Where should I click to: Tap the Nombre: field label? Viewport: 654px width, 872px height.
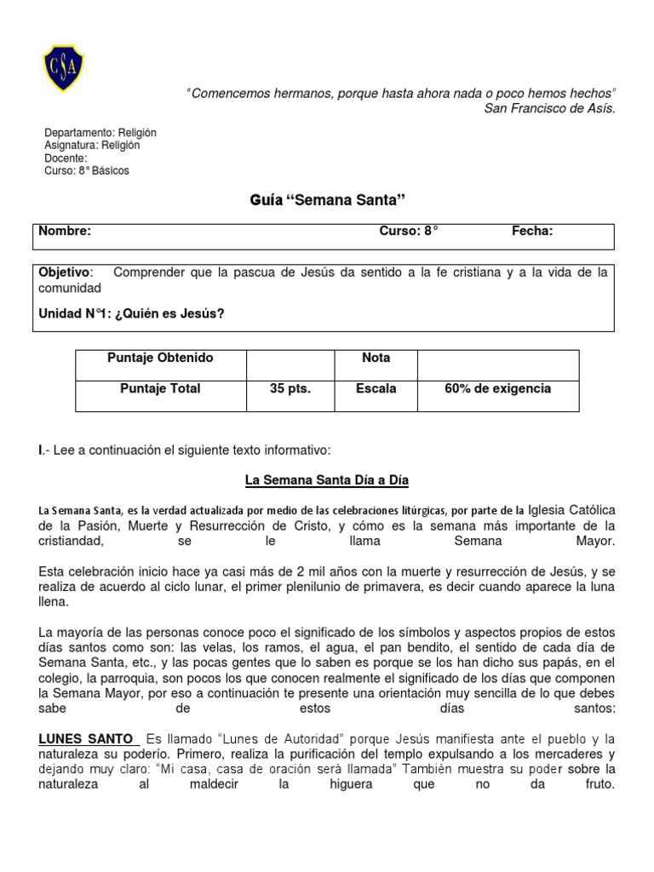pyautogui.click(x=66, y=231)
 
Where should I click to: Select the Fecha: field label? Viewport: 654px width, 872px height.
pyautogui.click(x=532, y=231)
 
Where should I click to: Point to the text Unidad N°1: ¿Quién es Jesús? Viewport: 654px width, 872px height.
pyautogui.click(x=132, y=313)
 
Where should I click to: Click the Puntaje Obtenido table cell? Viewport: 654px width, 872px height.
pyautogui.click(x=160, y=358)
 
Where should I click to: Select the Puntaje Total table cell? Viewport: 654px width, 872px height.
pyautogui.click(x=160, y=388)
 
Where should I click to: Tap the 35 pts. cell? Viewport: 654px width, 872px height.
pyautogui.click(x=290, y=389)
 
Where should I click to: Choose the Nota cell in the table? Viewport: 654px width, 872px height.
pyautogui.click(x=376, y=358)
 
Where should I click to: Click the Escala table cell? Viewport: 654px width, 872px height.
pyautogui.click(x=376, y=389)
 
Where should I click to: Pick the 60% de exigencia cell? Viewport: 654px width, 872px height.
pyautogui.click(x=497, y=389)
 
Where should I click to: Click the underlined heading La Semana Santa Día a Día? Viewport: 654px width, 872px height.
pyautogui.click(x=327, y=481)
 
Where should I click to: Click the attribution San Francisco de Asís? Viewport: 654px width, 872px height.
pyautogui.click(x=548, y=108)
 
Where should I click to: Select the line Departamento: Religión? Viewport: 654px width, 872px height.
pyautogui.click(x=100, y=134)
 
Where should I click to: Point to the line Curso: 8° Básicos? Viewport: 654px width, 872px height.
pyautogui.click(x=87, y=170)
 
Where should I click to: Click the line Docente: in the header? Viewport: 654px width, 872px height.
pyautogui.click(x=66, y=158)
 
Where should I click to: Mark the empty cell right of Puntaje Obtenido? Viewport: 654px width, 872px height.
pyautogui.click(x=290, y=358)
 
